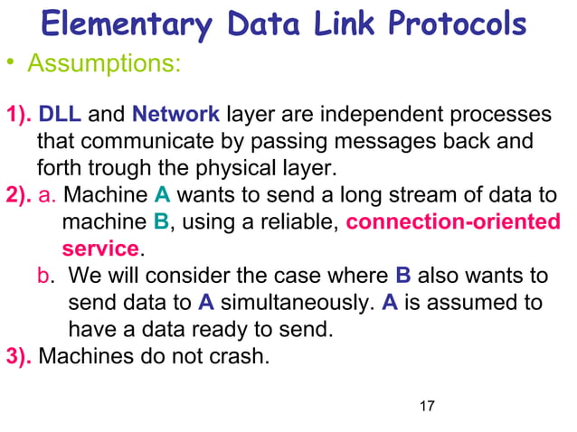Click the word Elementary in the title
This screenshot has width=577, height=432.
(x=134, y=24)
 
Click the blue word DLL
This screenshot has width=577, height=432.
(x=61, y=116)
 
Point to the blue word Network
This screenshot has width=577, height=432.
(x=175, y=116)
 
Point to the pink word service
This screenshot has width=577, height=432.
(x=99, y=248)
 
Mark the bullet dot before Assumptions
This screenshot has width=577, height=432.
(x=13, y=65)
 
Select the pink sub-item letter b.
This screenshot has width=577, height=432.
(x=52, y=275)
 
